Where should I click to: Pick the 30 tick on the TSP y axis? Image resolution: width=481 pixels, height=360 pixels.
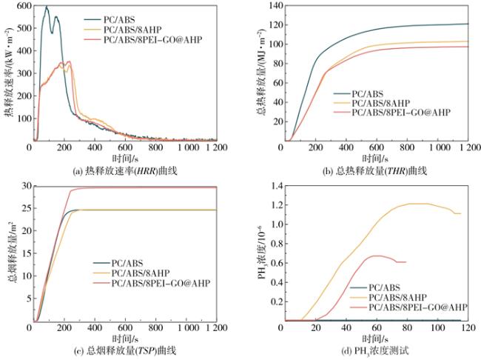point(24,185)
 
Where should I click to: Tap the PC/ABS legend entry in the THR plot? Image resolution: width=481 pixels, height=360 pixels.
point(369,94)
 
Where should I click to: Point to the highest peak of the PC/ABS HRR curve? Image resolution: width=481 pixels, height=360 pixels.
point(46,7)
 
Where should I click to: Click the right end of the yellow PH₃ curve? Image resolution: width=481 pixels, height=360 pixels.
point(460,213)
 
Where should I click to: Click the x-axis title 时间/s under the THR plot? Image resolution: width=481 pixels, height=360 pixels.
point(374,159)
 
